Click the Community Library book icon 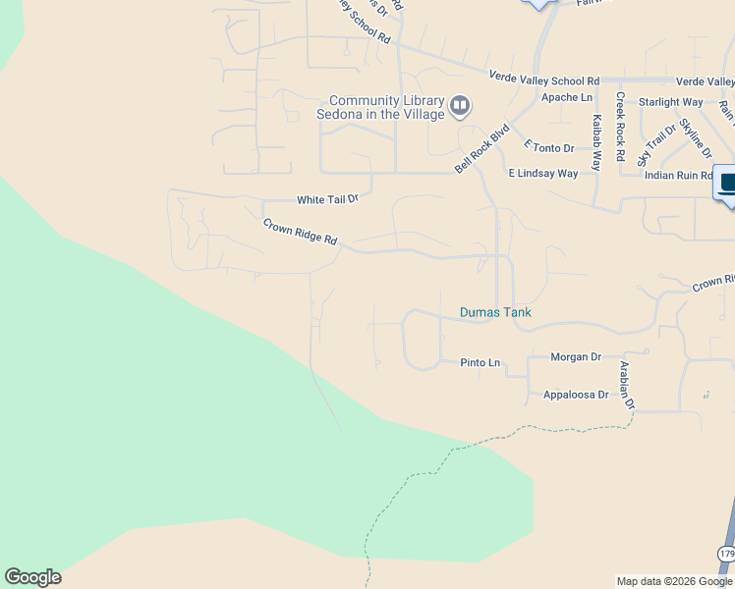coord(460,105)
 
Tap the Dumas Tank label coord(495,313)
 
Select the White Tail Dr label coord(328,199)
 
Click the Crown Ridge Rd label coord(300,233)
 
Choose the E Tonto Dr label coord(549,148)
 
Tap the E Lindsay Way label coord(542,174)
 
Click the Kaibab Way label coord(596,143)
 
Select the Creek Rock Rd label coord(620,127)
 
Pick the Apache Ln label coord(567,97)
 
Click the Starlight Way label coord(670,102)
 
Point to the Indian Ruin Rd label coord(678,176)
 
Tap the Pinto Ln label coord(481,363)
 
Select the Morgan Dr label coord(576,357)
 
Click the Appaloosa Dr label coord(576,395)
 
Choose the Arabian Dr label coord(626,385)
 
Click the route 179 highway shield coord(726,555)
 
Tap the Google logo coord(32,577)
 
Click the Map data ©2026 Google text coord(674,581)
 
